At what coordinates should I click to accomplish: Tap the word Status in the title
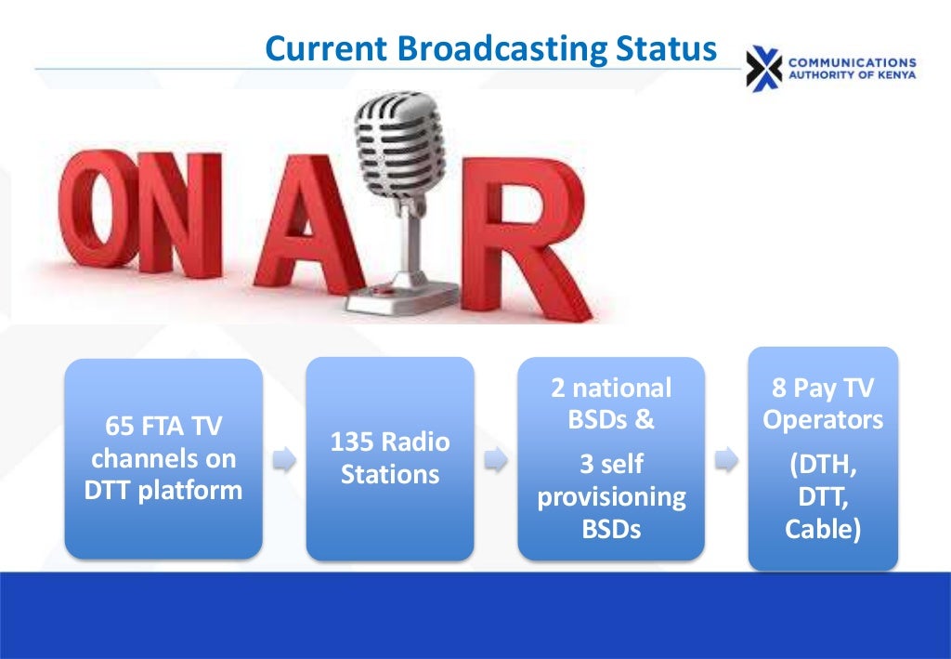click(x=668, y=48)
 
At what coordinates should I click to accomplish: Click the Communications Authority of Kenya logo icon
click(x=764, y=67)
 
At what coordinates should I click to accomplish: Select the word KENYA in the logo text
click(x=893, y=74)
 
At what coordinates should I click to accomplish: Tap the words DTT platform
click(x=163, y=490)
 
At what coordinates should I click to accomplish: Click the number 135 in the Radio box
click(x=351, y=442)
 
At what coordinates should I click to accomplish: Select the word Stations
click(x=390, y=474)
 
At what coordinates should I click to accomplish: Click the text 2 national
click(x=611, y=388)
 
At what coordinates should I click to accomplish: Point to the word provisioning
click(x=611, y=496)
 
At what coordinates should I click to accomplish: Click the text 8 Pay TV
click(x=823, y=388)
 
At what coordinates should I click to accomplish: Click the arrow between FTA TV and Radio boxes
click(x=284, y=459)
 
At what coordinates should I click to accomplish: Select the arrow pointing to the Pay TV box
click(x=727, y=458)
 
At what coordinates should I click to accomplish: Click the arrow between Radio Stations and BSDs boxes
click(x=497, y=459)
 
